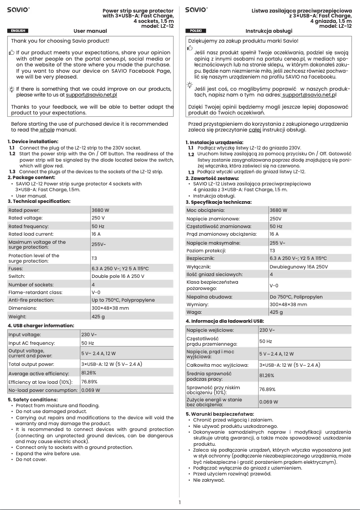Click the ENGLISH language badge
18,31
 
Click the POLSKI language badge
196,31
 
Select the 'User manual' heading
90,31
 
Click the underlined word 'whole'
46,130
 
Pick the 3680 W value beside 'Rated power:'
100,210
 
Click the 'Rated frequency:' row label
29,226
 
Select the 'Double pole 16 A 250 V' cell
118,276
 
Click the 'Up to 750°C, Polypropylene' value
123,300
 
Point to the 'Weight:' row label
18,317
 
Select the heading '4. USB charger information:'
41,325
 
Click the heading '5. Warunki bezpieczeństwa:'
220,413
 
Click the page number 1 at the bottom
180,502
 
